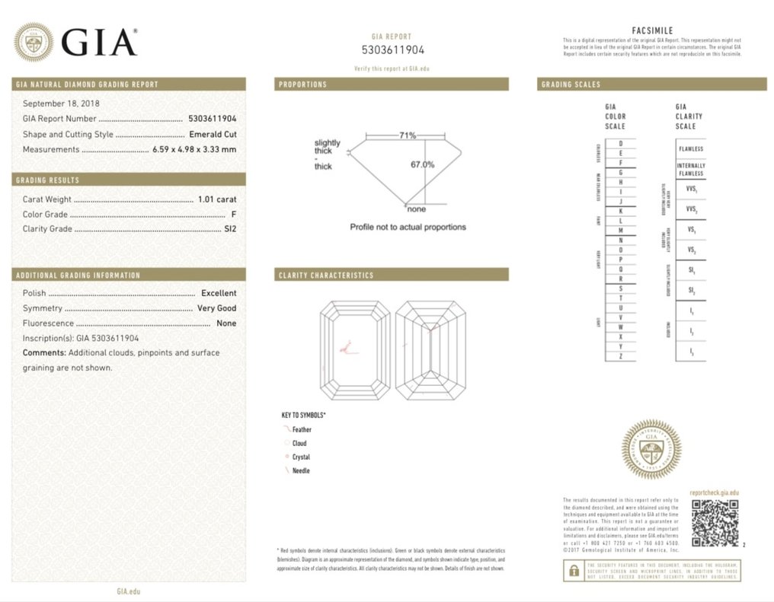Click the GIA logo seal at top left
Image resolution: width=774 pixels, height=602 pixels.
34,42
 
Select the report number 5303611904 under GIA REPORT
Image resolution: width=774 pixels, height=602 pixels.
392,50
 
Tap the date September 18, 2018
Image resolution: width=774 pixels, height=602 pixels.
61,104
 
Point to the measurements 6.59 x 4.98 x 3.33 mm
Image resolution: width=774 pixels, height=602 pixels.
194,150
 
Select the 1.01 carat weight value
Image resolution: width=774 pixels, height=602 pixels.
217,199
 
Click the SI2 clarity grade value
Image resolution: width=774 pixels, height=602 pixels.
230,229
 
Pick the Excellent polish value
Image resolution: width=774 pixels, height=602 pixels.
219,293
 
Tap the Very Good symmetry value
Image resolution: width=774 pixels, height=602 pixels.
216,308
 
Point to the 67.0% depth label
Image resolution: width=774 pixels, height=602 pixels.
423,164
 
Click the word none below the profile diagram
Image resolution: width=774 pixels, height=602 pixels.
417,209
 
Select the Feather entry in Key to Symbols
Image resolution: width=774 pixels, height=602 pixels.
302,430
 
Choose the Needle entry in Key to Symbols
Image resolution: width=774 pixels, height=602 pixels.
301,471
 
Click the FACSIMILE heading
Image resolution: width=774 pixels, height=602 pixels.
652,30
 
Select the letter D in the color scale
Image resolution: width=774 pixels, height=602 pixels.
621,144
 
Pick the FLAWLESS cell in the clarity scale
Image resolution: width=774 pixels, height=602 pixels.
690,149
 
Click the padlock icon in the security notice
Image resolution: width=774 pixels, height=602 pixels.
572,571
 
